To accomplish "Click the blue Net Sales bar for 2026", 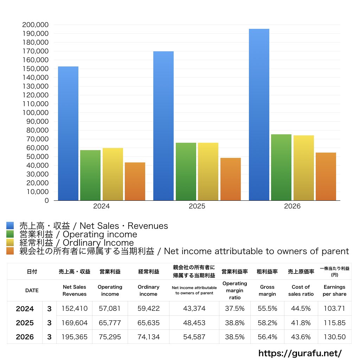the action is point(259,115).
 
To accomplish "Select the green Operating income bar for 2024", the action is point(90,175).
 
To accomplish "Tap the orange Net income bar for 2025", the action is point(231,179).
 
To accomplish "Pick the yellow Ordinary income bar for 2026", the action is point(303,168).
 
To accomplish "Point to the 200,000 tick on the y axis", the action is point(36,25).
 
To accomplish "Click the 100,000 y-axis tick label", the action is point(36,113).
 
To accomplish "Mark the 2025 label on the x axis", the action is point(197,206).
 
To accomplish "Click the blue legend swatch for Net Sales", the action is point(10,225).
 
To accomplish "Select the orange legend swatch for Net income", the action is point(10,251).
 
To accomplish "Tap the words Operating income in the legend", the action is point(100,234).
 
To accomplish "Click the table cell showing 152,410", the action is point(75,308).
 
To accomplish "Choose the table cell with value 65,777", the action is point(110,323).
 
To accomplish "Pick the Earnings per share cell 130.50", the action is point(335,337).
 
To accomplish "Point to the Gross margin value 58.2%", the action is point(267,323).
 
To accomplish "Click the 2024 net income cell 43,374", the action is point(194,308).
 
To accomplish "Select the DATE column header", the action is point(32,290).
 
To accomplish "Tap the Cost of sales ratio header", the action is point(301,290).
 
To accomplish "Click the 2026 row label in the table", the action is point(25,337).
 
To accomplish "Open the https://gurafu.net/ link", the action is point(300,353).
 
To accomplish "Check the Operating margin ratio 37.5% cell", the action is point(234,308).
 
